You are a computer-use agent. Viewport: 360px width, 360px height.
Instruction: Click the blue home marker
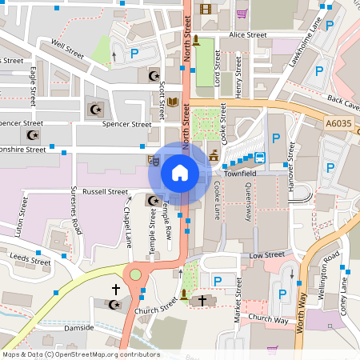pos(180,173)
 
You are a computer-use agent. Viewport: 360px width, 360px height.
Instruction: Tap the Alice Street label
pos(247,35)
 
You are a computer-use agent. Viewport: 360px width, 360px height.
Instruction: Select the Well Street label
pos(66,45)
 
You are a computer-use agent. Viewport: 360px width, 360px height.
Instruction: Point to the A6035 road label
pos(338,123)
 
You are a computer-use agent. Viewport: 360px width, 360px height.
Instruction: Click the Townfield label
pos(240,172)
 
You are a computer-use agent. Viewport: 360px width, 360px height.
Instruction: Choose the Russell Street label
pos(106,192)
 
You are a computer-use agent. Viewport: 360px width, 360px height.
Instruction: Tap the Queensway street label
pos(248,200)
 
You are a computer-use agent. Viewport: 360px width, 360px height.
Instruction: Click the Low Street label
pos(267,254)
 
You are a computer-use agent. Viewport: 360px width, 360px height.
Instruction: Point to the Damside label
pos(78,327)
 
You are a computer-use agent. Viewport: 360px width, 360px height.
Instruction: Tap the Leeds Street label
pos(30,261)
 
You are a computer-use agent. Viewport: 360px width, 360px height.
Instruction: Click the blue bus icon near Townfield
pos(259,157)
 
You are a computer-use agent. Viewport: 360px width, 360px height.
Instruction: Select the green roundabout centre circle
pos(135,274)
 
